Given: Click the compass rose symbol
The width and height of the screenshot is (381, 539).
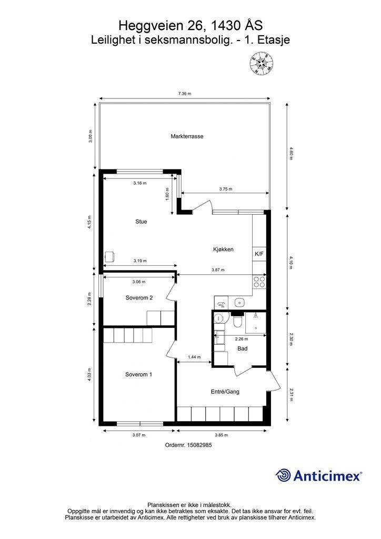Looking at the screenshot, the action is (262, 64).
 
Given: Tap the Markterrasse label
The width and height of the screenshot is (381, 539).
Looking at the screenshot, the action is (187, 136).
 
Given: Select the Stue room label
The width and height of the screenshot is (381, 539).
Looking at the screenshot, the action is (141, 222).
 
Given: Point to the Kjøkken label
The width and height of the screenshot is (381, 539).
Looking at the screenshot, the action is (223, 249).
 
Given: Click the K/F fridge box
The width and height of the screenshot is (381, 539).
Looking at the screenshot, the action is (259, 254).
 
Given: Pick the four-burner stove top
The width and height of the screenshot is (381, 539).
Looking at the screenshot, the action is (259, 282).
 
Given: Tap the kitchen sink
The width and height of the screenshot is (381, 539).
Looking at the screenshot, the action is (239, 302).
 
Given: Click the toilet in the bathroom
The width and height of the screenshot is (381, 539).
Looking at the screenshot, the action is (237, 320).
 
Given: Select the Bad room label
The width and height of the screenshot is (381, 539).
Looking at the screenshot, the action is (242, 348).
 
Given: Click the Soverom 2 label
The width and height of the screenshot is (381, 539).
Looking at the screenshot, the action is (139, 298).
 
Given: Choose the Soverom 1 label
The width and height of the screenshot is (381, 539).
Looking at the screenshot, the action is (138, 374).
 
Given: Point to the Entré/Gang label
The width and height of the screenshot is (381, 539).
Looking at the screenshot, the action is (225, 392).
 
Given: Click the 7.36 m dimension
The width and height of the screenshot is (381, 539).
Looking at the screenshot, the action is (185, 94).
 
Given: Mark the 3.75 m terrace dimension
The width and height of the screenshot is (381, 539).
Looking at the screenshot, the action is (226, 189).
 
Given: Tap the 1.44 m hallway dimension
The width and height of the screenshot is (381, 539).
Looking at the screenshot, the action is (194, 357).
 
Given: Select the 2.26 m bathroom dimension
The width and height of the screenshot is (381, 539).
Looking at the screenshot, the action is (242, 339).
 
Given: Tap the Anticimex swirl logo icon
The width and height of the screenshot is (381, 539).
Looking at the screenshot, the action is (283, 476).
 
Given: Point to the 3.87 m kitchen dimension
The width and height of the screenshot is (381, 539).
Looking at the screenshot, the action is (218, 270).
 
